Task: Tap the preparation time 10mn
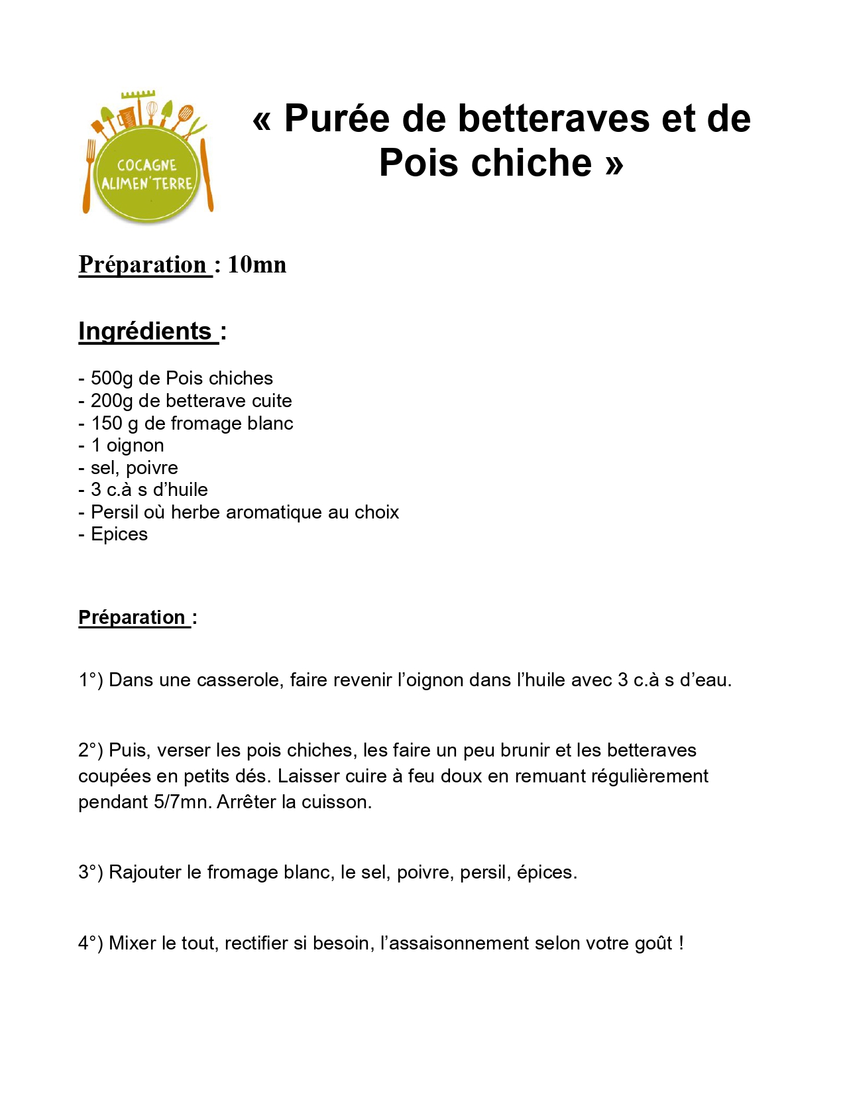point(257,265)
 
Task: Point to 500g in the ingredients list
point(111,378)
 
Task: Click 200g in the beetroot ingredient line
point(111,400)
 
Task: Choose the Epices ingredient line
point(119,534)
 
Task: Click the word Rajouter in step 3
point(144,873)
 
